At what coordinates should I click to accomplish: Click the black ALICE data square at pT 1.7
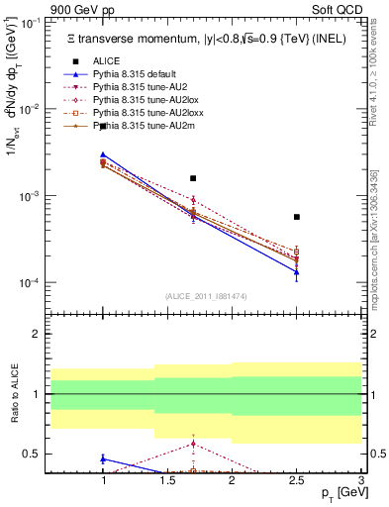coord(193,178)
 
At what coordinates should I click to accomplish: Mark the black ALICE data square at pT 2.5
coord(296,217)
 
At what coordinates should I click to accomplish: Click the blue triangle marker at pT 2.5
coord(296,272)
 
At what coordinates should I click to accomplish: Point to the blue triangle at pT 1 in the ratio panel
coord(103,458)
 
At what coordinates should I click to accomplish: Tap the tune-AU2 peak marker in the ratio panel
coord(193,443)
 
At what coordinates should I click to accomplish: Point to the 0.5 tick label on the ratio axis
coord(34,455)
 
